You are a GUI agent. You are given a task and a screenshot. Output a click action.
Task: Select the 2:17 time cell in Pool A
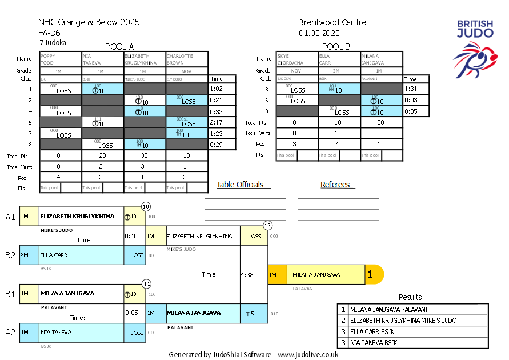[x=216, y=122]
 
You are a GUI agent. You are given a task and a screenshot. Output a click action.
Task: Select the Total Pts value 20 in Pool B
[x=382, y=122]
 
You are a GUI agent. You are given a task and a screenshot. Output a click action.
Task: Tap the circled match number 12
[x=267, y=225]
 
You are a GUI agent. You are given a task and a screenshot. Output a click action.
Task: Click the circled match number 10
[x=146, y=206]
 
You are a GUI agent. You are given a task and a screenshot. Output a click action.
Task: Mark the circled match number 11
[x=146, y=283]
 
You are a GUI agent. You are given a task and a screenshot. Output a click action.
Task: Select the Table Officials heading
[x=240, y=185]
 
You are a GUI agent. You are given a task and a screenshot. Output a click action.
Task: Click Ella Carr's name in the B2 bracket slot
[x=54, y=255]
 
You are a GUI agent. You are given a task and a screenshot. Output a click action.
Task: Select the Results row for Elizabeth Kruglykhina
[x=412, y=321]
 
